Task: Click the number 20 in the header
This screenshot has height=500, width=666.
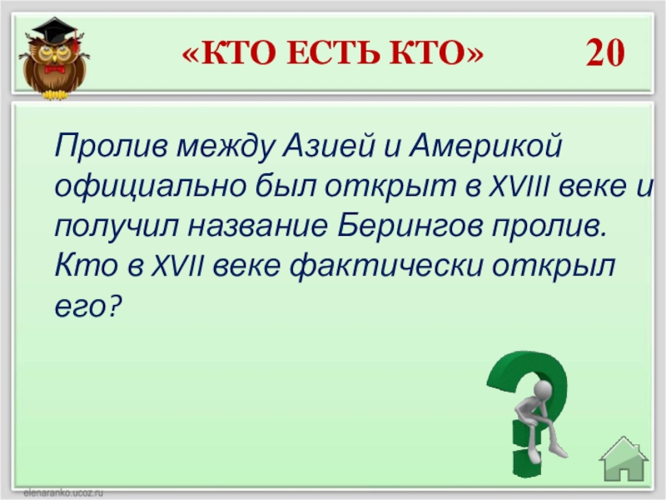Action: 605,52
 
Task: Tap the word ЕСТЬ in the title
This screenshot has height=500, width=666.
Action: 333,53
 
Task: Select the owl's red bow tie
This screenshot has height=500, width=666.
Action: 54,69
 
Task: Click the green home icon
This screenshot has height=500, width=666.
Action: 624,459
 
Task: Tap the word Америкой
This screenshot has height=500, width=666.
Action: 485,145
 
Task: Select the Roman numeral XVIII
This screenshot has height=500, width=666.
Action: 519,186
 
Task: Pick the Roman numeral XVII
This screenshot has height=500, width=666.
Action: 177,267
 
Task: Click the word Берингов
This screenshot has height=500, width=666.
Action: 410,227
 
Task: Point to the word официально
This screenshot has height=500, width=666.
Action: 151,187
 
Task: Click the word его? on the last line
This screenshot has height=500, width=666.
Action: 88,307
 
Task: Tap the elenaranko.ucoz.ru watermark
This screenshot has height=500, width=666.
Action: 63,493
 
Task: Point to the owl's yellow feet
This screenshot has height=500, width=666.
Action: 54,94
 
